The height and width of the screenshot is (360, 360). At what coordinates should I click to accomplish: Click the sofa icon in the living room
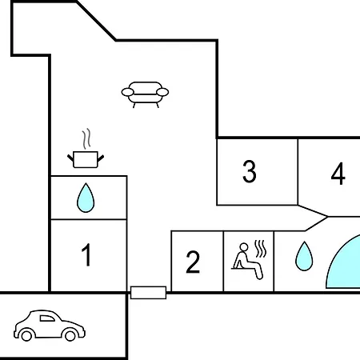coord(145,94)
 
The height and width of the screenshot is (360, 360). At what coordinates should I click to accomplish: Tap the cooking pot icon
coord(86,159)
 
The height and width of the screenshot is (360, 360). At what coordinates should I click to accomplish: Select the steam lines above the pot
coord(86,138)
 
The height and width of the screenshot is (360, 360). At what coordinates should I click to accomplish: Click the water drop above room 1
coord(86,198)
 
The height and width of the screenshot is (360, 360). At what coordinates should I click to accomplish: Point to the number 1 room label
coord(86,255)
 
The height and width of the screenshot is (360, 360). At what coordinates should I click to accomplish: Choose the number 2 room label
coord(193,262)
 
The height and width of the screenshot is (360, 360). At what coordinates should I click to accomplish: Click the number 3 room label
coord(250,171)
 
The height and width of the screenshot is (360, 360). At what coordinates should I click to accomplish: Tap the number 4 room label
coord(338,174)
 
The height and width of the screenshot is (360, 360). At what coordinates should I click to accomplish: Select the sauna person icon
coord(247,261)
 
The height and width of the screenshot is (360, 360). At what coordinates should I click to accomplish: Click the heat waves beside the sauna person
coord(261,249)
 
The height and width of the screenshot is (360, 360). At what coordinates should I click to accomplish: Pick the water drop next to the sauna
coord(304,256)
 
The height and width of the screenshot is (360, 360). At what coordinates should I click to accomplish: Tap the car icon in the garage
coord(50,326)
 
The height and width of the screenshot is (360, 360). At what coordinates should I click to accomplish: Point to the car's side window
coord(46,318)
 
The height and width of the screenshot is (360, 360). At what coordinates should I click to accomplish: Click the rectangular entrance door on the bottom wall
coord(148,293)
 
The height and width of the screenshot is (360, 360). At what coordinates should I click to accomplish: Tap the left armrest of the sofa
coord(128,92)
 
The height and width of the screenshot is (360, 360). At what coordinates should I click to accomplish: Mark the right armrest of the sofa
coord(162,92)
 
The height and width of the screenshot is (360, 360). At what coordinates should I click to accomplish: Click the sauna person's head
coord(244,247)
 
